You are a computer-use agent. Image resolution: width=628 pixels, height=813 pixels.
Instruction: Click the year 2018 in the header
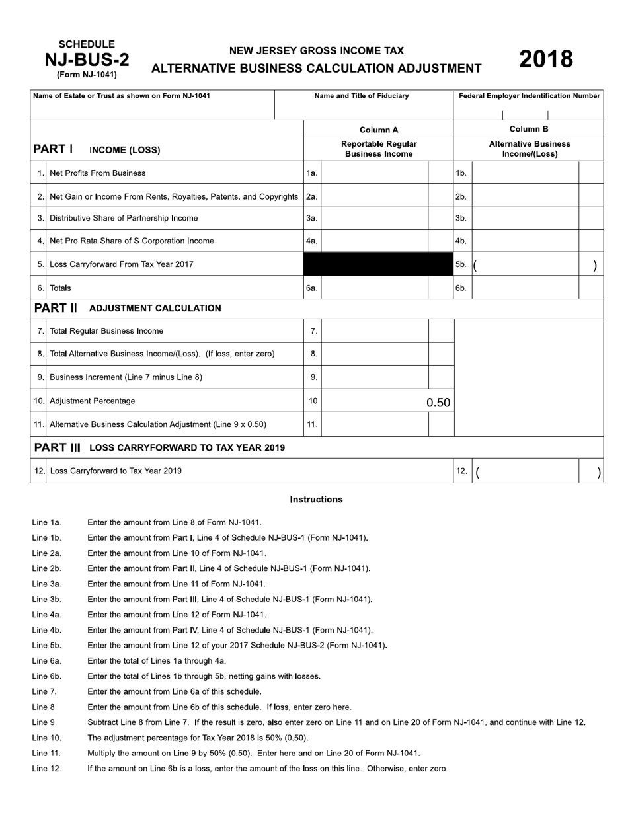click(x=545, y=59)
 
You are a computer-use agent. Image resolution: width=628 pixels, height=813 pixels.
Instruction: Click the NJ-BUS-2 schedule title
click(x=87, y=60)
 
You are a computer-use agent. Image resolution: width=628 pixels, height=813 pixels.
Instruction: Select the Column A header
click(x=378, y=130)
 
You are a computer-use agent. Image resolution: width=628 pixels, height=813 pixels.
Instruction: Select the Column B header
click(x=528, y=130)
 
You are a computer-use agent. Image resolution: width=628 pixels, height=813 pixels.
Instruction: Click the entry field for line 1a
click(x=374, y=173)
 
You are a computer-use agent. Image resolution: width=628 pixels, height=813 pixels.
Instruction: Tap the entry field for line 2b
click(x=525, y=196)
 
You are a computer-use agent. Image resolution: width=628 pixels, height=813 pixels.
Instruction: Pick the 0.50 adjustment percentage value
click(x=438, y=402)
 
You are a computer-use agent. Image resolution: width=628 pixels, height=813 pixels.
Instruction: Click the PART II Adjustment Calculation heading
click(x=128, y=308)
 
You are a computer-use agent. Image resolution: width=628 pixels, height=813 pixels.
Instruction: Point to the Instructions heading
click(x=316, y=500)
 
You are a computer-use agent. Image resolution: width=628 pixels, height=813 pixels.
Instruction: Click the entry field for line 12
click(x=534, y=471)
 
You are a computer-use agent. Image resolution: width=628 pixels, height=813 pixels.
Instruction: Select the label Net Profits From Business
click(x=97, y=173)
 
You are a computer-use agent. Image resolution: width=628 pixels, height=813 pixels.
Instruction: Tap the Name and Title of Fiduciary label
click(x=362, y=96)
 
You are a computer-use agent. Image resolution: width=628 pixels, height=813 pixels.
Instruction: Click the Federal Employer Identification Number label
click(x=529, y=96)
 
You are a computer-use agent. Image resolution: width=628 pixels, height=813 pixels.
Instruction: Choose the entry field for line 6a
click(x=374, y=288)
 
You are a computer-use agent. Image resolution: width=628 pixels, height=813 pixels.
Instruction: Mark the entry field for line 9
click(x=374, y=377)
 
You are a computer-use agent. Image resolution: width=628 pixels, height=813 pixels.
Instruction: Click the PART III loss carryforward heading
click(x=159, y=447)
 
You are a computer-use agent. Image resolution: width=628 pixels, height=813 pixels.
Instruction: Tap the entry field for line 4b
click(x=525, y=241)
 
